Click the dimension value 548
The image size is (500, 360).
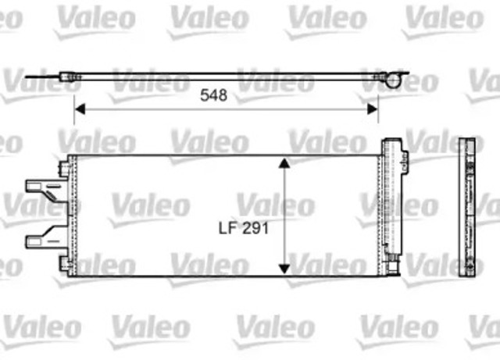click(213, 95)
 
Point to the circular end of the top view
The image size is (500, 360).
click(398, 77)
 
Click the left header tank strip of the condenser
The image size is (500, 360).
click(71, 215)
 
